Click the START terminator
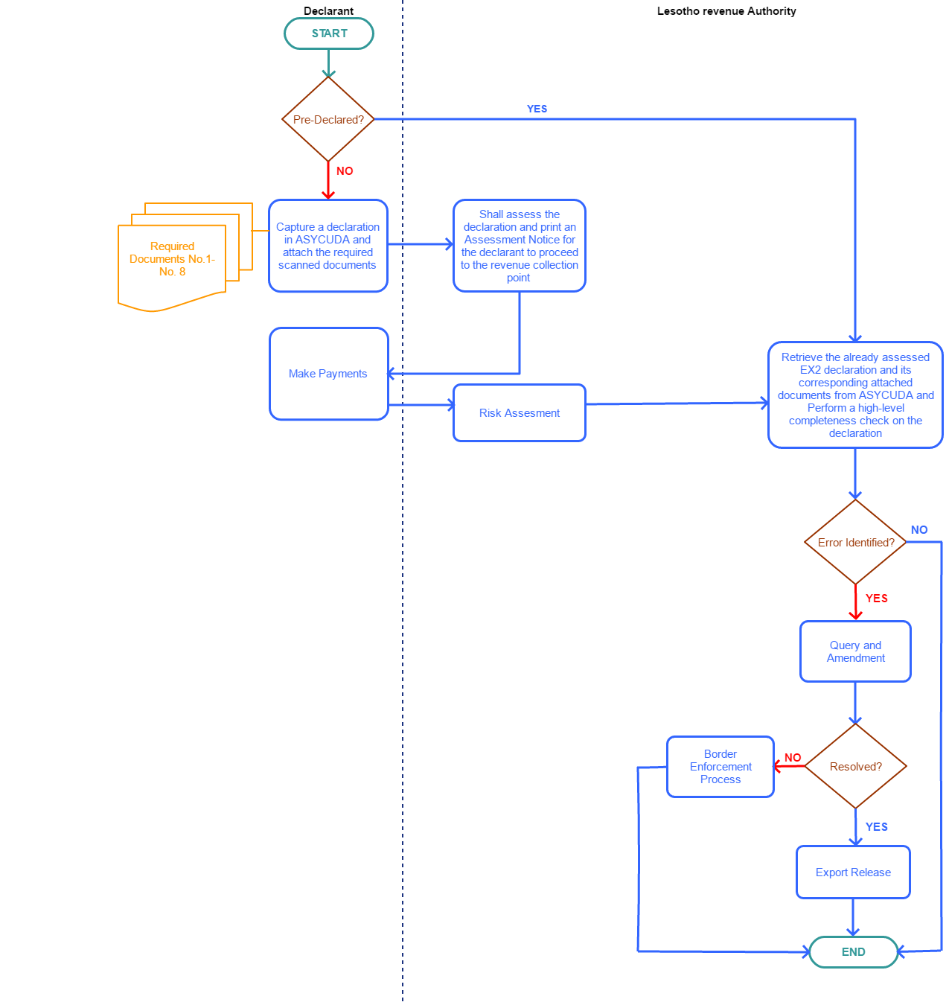pos(329,33)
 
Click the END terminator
pos(853,951)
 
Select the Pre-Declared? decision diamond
pos(327,119)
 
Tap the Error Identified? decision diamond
pos(855,542)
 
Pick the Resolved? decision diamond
pos(855,766)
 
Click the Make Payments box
pos(328,374)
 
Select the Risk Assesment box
pos(519,412)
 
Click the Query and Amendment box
pos(855,651)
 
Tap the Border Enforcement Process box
pos(720,767)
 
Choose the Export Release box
pos(853,872)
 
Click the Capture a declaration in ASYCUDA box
pos(327,246)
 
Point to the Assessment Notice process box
pos(519,246)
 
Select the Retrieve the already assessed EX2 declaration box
pos(855,395)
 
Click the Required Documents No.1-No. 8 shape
pos(172,261)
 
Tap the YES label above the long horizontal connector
pos(537,109)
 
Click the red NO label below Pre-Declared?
pos(345,171)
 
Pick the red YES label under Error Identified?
pos(876,599)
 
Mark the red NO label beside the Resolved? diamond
pos(793,758)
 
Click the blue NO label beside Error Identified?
pos(919,530)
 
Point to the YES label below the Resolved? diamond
pos(876,827)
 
